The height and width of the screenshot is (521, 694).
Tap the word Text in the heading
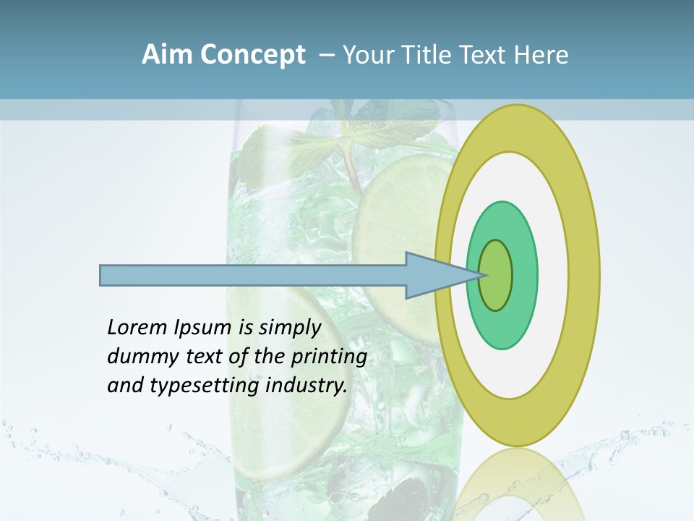(485, 55)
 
